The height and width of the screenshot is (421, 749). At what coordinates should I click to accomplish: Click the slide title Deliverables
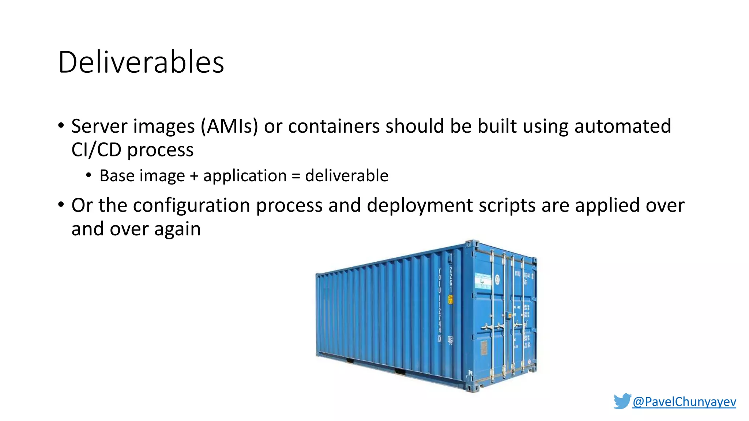141,62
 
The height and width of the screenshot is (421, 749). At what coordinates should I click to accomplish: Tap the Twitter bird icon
622,401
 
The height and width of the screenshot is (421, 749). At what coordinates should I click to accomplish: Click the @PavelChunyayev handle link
684,402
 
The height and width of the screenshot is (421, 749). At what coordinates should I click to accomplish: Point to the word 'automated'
622,126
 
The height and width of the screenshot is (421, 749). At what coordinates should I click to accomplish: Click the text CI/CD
96,150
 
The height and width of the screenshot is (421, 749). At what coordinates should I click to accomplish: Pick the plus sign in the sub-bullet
194,176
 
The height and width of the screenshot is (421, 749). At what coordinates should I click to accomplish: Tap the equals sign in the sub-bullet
296,176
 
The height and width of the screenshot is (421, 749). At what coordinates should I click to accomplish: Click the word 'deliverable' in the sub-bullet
347,176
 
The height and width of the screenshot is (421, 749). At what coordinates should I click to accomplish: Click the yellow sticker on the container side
451,300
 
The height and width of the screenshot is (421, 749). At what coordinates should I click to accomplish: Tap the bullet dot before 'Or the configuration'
61,205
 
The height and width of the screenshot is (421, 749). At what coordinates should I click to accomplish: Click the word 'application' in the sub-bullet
245,176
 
